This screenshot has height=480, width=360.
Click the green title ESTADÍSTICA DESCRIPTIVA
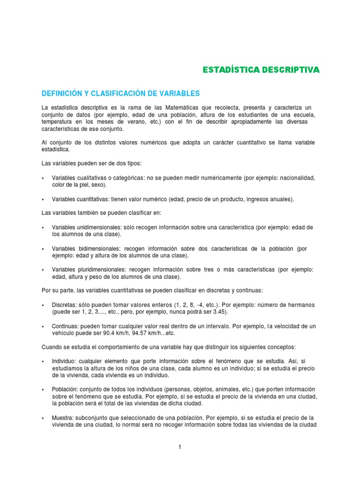pyautogui.click(x=261, y=70)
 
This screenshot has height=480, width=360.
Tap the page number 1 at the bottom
pyautogui.click(x=180, y=447)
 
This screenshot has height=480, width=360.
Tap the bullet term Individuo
pyautogui.click(x=64, y=361)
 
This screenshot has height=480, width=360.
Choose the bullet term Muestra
pyautogui.click(x=63, y=418)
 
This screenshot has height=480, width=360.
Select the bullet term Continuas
pyautogui.click(x=65, y=326)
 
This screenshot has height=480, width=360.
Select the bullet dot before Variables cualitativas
pyautogui.click(x=43, y=178)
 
